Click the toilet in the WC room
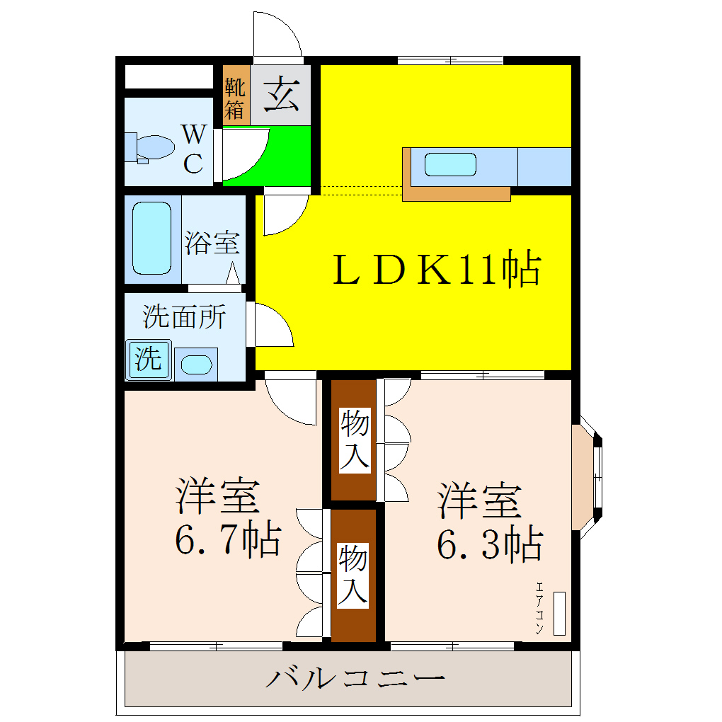point(150,147)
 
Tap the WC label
point(194,148)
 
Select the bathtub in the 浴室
point(151,239)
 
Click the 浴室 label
point(212,243)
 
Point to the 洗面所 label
point(184,316)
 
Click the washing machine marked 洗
point(149,360)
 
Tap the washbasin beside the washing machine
point(196,365)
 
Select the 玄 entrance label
point(281,95)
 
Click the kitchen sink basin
point(449,164)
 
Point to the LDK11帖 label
point(437,270)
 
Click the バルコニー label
point(355,680)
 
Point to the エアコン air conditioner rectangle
point(559,613)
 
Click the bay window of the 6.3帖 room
point(587,479)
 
